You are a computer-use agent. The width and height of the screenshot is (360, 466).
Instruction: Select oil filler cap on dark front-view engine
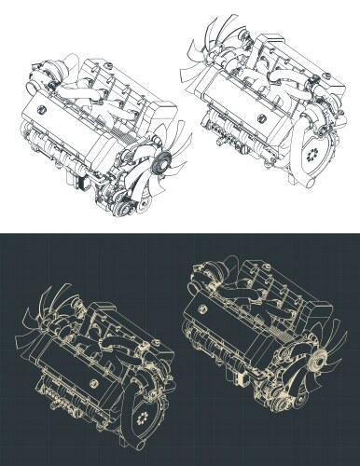point(200,312)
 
